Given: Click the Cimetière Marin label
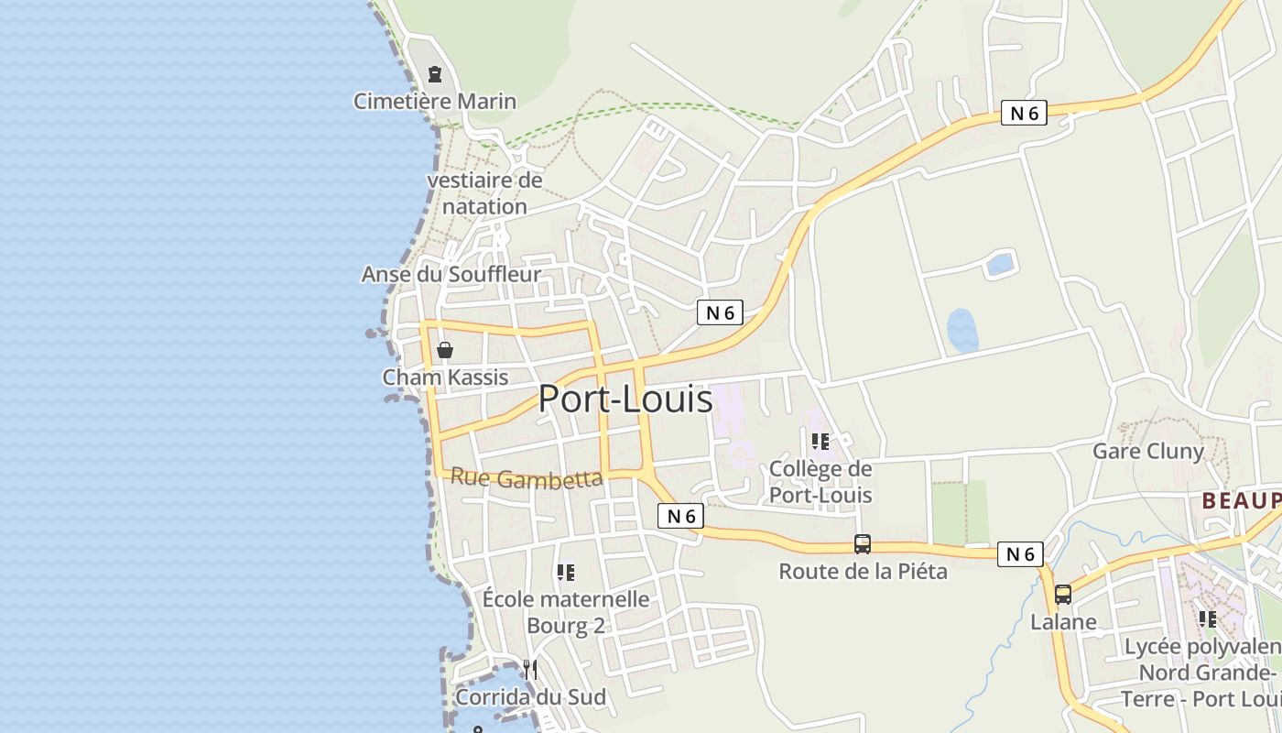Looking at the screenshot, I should point(435,101).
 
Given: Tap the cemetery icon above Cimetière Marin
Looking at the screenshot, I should point(435,73).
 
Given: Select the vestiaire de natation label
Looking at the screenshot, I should point(484,193).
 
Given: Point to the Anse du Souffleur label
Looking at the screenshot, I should point(451,274).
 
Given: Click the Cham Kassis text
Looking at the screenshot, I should point(445,377).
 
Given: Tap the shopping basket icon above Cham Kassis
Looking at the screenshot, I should point(445,349).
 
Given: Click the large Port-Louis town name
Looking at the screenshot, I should point(625,399).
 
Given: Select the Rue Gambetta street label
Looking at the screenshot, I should point(527,477).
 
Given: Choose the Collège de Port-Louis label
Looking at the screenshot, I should point(820,482).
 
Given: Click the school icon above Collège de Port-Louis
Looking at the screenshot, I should point(820,442).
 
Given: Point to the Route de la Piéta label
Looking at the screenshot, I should point(863,572).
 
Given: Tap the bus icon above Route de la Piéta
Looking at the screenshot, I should point(863,544).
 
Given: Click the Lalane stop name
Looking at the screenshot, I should point(1063,622).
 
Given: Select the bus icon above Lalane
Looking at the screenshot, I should point(1063,595).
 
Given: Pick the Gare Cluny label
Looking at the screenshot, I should point(1147,451).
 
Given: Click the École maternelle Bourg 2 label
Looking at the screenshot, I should point(566,612).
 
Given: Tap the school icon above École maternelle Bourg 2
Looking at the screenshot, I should point(566,573).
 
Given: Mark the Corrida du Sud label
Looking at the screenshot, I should point(530,696).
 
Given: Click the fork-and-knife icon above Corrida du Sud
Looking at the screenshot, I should point(530,670).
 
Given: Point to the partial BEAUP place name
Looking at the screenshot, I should point(1241,500).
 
